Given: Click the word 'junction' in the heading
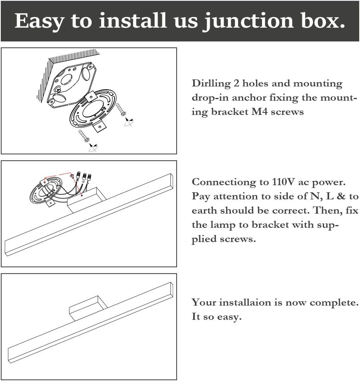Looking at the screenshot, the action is click(249, 21).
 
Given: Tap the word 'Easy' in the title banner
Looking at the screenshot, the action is click(40, 21).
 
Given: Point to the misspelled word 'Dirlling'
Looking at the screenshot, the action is click(211, 84).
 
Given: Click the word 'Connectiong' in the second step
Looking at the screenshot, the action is click(224, 182).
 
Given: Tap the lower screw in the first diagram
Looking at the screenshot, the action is click(84, 136).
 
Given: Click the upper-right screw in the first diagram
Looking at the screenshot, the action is click(121, 109).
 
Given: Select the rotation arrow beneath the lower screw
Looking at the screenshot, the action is click(93, 148).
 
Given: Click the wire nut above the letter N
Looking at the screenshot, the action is click(78, 175).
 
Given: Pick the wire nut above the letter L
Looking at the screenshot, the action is click(89, 176).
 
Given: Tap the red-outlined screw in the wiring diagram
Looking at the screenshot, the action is click(72, 176).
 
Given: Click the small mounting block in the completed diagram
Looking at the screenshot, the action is click(88, 308).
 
